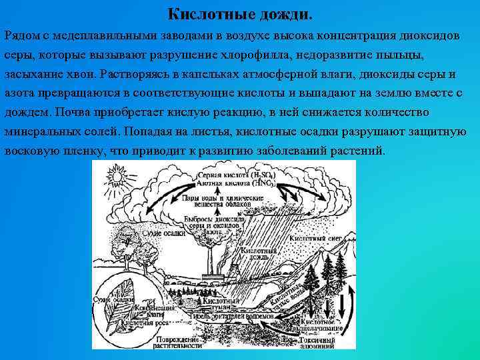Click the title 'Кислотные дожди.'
pos(239,13)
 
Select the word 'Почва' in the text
pos(75,111)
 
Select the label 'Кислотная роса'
pos(149,322)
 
